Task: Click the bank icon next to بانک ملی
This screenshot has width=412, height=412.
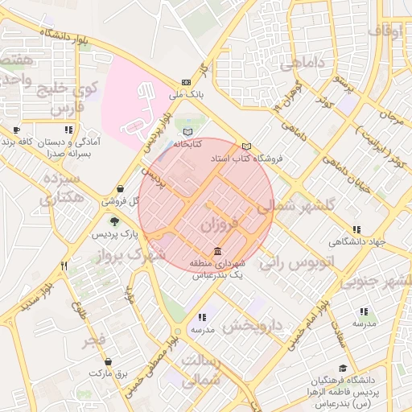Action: [x=187, y=82]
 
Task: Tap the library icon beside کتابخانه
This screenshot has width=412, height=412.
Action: [x=187, y=131]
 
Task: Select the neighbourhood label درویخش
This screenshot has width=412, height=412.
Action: [x=252, y=326]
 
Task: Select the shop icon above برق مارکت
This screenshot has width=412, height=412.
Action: [x=109, y=360]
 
